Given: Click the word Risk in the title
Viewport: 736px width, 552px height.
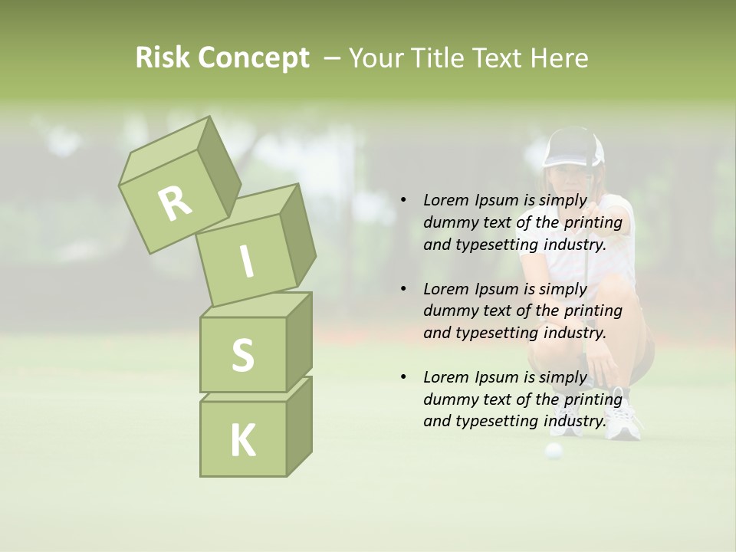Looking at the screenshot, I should (163, 58).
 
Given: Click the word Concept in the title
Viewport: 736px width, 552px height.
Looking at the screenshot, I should (253, 59).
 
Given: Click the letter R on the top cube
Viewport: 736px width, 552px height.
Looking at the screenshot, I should (175, 203).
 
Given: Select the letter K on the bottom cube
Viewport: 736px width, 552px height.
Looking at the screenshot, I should (242, 440).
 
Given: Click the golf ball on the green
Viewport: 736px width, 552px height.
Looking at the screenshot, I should (554, 450).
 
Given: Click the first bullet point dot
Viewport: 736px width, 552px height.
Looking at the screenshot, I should (402, 201).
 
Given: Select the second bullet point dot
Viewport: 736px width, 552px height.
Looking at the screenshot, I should (402, 289).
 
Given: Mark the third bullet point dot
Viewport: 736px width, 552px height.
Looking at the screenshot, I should (402, 377).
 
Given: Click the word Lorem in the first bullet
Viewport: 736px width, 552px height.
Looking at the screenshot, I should (445, 200).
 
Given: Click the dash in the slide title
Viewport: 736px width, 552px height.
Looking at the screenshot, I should (333, 58).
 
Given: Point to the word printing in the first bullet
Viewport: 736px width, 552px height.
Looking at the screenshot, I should (593, 222).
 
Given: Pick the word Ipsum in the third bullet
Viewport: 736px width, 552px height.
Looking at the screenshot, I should (497, 376).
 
